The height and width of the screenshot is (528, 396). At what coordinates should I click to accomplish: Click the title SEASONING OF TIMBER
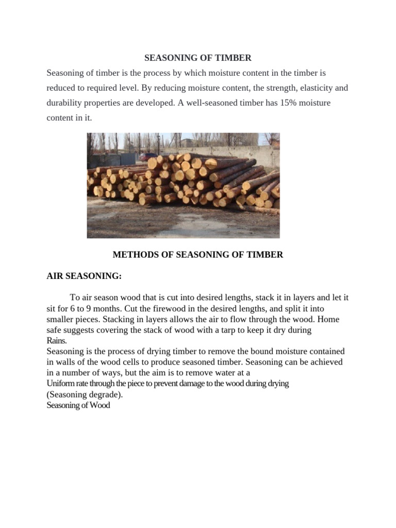(x=197, y=58)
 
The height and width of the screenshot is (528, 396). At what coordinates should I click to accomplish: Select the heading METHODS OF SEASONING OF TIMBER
(x=197, y=255)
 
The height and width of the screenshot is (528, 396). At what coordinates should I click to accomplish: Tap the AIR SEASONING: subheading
(x=84, y=276)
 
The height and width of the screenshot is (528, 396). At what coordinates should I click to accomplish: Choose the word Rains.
(x=57, y=341)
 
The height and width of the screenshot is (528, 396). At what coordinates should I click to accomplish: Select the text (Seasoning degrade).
(x=85, y=394)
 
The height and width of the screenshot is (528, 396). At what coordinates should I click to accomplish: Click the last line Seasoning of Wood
(x=78, y=405)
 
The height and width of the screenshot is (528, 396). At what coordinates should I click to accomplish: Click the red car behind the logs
(x=150, y=155)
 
